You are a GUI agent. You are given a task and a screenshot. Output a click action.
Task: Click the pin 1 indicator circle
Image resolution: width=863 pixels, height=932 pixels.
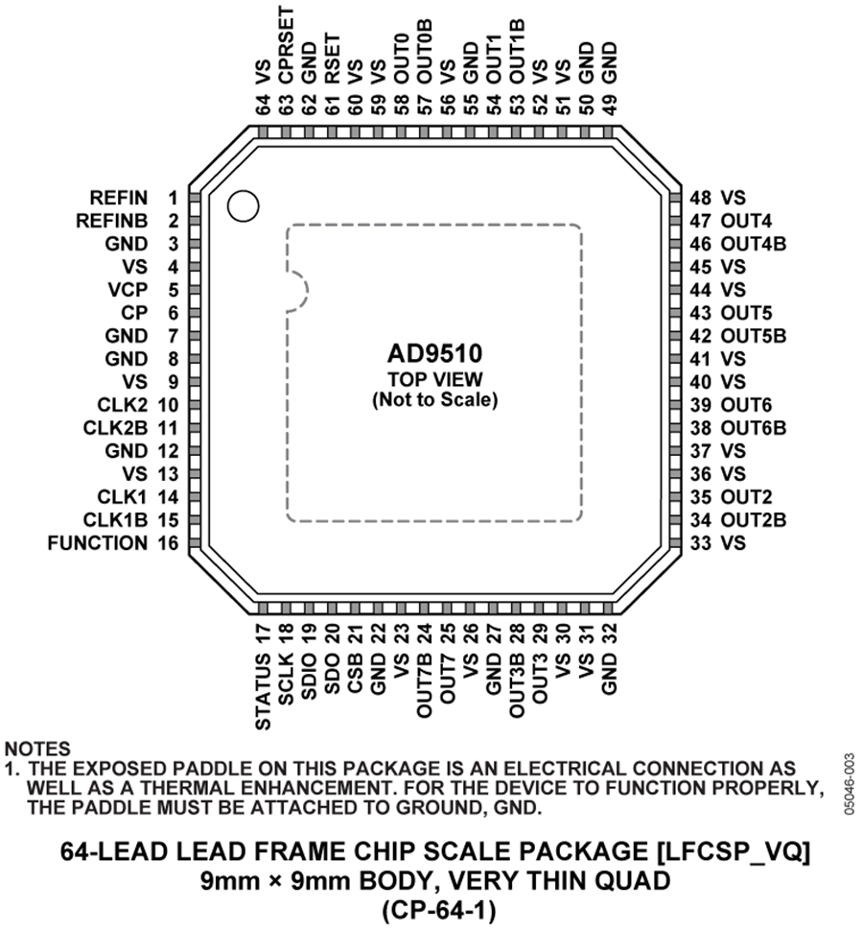[243, 207]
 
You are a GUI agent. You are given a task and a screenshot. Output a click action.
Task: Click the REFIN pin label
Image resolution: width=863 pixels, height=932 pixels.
[119, 198]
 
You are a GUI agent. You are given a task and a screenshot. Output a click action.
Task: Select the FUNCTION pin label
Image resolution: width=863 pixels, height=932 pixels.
[98, 542]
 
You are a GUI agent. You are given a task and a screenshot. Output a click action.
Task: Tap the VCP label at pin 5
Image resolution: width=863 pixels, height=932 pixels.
[128, 290]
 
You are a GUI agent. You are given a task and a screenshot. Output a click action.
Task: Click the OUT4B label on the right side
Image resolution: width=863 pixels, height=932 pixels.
[754, 244]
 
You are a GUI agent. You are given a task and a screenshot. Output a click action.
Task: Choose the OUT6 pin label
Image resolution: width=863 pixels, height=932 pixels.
[747, 405]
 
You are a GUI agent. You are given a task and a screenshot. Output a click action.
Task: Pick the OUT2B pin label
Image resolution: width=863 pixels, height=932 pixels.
[754, 520]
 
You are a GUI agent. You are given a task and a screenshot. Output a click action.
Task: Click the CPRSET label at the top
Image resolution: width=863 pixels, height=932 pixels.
[287, 45]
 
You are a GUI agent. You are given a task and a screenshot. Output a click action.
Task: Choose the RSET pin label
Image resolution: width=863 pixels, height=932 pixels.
[332, 59]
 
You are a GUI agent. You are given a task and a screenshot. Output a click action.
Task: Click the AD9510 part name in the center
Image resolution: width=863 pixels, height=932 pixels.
[434, 353]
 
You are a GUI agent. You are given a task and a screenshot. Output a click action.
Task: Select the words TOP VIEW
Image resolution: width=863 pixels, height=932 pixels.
[435, 378]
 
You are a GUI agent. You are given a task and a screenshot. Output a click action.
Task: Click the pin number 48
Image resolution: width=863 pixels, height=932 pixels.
[701, 198]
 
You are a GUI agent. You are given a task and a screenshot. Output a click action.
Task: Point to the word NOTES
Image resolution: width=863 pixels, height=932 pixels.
[37, 749]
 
